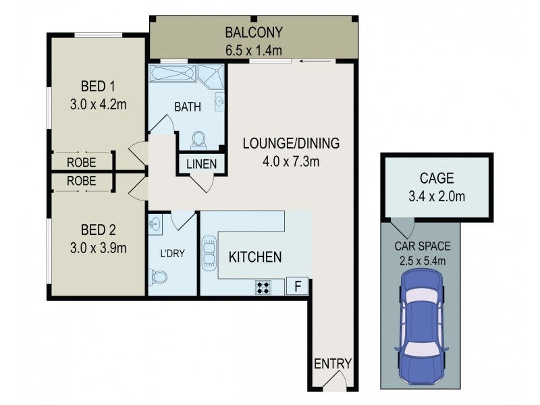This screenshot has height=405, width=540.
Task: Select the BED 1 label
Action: point(99,87)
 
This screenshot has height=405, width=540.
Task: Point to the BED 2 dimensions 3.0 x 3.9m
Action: point(99,248)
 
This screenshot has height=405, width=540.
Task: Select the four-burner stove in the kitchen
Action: point(264,286)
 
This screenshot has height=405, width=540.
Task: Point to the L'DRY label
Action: point(172,254)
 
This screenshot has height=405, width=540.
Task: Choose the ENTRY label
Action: point(333,364)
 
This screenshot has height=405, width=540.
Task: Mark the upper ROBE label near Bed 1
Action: point(81,163)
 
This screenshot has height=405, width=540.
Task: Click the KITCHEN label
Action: point(254,257)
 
